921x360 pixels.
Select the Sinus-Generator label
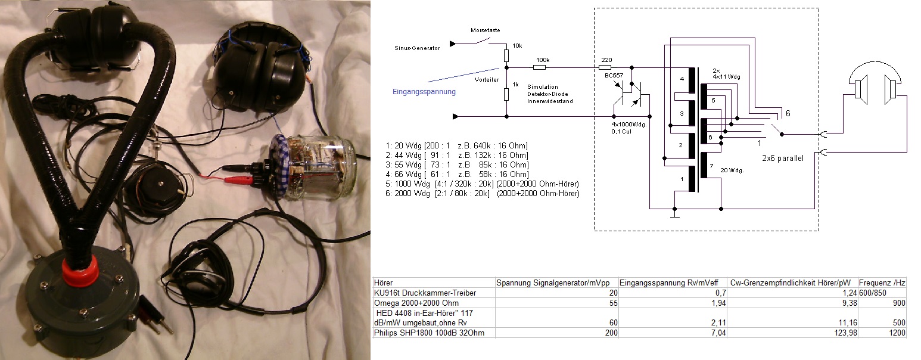pos(417,48)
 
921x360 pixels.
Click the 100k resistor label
pos(543,60)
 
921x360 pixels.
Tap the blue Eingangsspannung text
pos(424,92)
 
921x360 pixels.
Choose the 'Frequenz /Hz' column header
pos(882,282)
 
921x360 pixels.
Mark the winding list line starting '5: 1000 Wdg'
pos(483,184)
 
